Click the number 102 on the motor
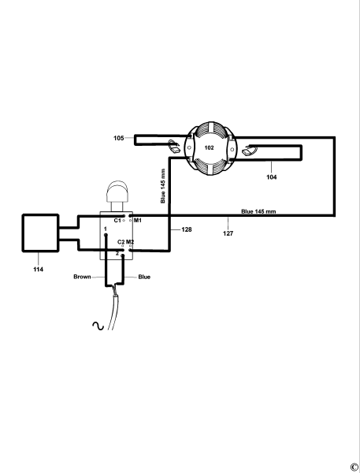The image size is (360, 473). coord(210,147)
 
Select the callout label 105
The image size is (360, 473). coord(119,138)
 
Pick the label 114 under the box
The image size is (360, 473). coord(39,269)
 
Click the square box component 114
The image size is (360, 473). coord(39,233)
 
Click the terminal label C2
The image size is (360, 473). coord(121,241)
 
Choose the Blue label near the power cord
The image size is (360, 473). coord(144,277)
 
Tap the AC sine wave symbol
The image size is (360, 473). coord(100,325)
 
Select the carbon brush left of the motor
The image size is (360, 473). coord(174,147)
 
